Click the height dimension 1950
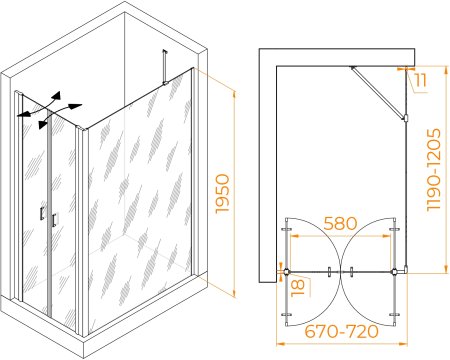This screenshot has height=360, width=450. click(x=223, y=194)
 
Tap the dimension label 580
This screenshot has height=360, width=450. click(x=340, y=223)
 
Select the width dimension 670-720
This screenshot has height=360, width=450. click(x=342, y=331)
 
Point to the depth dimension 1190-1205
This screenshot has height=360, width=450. click(x=434, y=170)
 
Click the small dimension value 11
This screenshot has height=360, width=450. click(x=421, y=81)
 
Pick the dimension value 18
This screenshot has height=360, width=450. click(x=298, y=288)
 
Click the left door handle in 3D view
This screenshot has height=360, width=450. click(x=42, y=214)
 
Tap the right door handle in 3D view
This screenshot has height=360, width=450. click(x=54, y=220)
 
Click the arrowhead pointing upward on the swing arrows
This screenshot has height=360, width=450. click(x=57, y=96)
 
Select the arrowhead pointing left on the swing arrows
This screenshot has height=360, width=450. click(x=23, y=115)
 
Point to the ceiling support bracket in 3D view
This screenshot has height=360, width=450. click(x=164, y=67)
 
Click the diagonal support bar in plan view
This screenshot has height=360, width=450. click(x=378, y=91)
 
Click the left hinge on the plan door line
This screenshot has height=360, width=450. click(x=286, y=272)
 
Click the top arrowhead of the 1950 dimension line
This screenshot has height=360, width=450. click(x=234, y=95)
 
